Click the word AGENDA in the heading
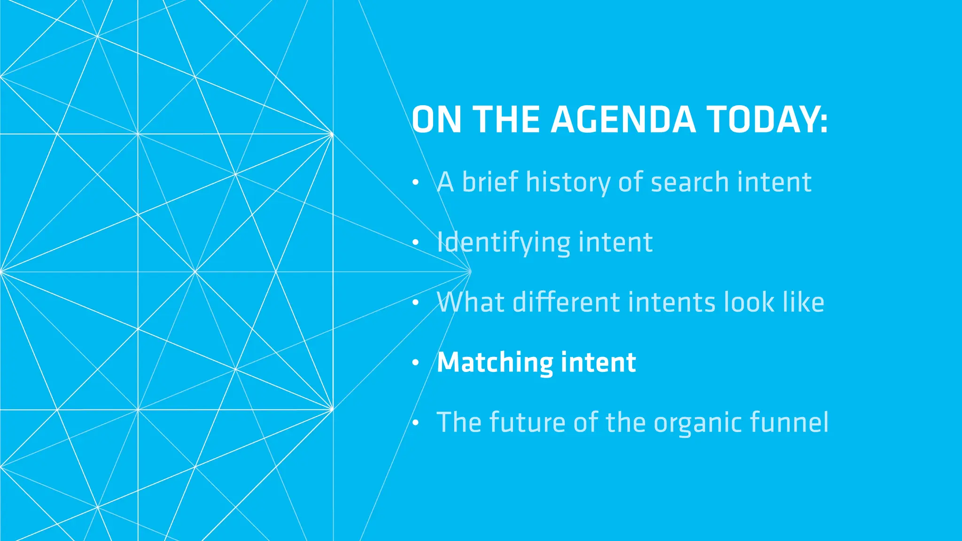[623, 119]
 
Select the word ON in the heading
[436, 119]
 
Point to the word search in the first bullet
[690, 182]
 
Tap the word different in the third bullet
[566, 302]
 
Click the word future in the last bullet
[527, 422]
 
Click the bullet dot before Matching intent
[415, 363]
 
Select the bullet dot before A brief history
[415, 182]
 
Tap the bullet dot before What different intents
[415, 303]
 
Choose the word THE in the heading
[506, 119]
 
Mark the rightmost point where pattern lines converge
[470, 271]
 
